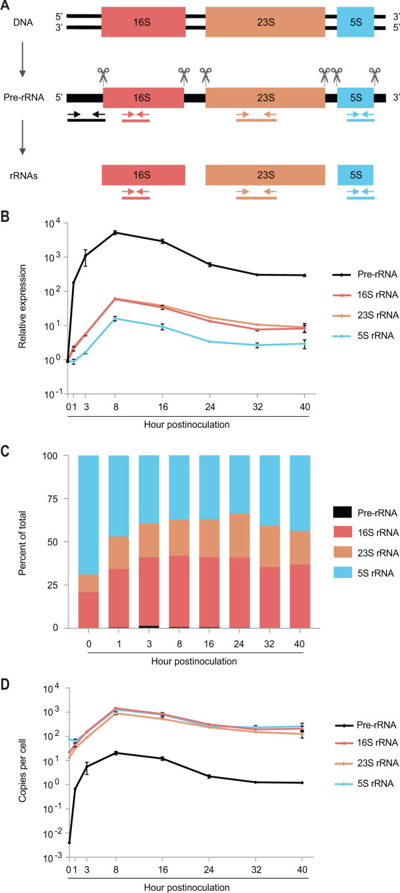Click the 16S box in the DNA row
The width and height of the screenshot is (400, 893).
143,22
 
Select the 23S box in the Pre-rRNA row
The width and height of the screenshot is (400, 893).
265,98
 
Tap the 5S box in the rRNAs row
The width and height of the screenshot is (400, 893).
355,175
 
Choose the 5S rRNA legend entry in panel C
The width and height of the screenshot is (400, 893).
366,573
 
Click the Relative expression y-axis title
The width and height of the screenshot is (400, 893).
22,306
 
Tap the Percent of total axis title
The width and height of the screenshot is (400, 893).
22,543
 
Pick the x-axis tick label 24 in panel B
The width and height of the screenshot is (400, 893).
210,407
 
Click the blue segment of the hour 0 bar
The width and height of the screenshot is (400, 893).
88,515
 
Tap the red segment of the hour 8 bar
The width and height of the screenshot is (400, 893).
179,592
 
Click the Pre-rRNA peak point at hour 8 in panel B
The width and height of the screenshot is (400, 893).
115,233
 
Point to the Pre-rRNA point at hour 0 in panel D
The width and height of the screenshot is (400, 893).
69,843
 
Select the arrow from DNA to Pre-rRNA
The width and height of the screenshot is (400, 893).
23,59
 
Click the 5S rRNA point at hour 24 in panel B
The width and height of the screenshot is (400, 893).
209,341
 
